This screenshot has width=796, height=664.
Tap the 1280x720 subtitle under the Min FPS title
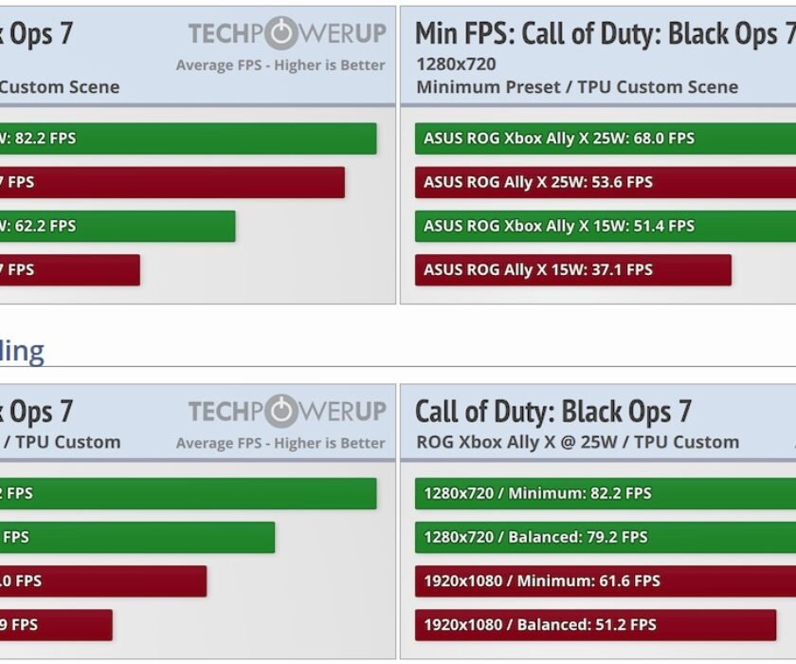455,65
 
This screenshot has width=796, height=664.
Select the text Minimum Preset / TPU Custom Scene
576,87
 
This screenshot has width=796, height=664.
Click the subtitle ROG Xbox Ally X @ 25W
576,442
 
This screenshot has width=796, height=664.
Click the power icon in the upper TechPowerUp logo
281,34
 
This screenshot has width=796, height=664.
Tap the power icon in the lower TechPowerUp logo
281,412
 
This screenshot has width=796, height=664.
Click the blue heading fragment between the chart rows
22,351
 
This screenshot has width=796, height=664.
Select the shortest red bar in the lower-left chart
56,624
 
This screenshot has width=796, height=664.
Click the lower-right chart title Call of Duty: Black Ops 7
553,412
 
